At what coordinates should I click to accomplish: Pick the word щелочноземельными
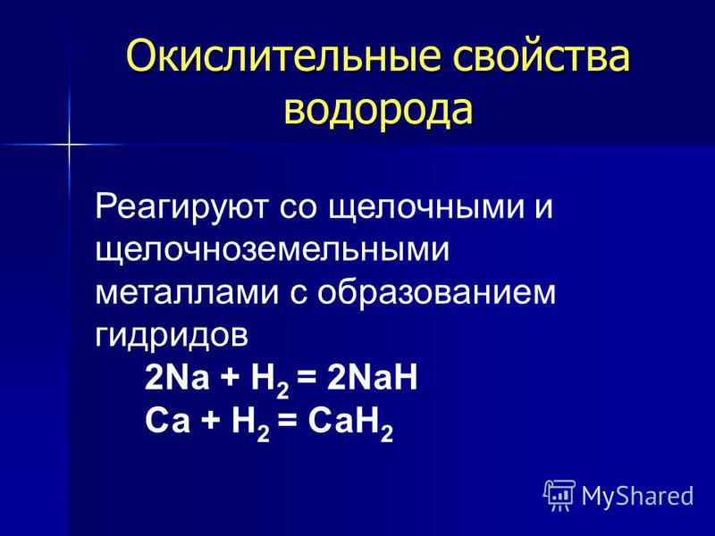[273, 250]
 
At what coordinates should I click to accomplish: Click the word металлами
[187, 292]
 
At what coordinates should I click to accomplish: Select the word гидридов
[172, 336]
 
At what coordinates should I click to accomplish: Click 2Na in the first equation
[177, 378]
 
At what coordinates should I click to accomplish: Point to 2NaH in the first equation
[372, 378]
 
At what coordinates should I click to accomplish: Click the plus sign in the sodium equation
[231, 379]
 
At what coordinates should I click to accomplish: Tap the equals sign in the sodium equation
[306, 379]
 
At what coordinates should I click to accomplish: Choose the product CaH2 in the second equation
[350, 422]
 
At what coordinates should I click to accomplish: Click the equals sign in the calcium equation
[287, 422]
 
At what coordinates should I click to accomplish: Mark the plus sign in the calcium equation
[211, 422]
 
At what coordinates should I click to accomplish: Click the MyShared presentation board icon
[559, 496]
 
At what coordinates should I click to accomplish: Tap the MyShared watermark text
[637, 496]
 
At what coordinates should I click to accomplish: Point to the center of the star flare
[70, 145]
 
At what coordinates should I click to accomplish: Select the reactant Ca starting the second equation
[167, 421]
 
